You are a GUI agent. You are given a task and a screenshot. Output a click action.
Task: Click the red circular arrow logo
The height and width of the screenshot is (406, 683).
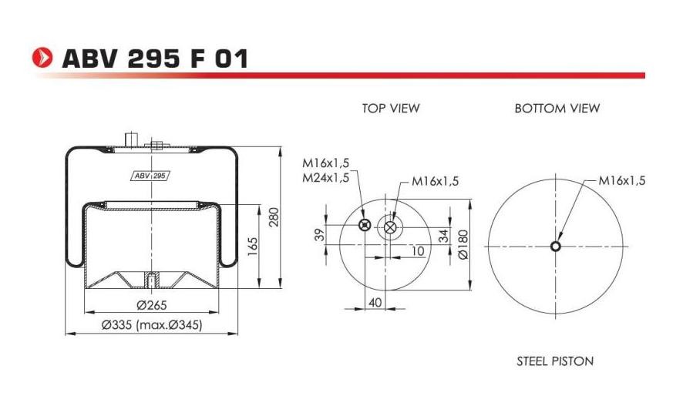tap(42, 58)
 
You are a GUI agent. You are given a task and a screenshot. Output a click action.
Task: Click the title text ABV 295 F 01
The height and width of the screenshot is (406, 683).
tap(154, 58)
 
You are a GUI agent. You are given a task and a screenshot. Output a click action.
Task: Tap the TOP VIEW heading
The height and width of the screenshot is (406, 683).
tap(391, 109)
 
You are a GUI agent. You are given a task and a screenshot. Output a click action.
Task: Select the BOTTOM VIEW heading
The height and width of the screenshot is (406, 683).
tap(557, 109)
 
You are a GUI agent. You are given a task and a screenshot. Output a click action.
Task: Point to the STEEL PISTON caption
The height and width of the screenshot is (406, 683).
tap(555, 361)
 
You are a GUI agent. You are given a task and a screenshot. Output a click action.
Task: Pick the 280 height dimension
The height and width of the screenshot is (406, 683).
tap(273, 218)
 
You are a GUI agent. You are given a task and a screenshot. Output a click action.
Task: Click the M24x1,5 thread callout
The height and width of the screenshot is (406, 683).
tap(325, 177)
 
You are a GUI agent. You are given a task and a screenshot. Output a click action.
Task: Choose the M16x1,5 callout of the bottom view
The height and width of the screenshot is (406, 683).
tap(621, 180)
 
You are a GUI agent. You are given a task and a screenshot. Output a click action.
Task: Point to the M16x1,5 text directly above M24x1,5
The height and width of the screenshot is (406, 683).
tap(325, 163)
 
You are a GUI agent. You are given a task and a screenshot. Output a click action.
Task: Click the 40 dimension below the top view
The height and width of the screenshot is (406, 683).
tap(375, 303)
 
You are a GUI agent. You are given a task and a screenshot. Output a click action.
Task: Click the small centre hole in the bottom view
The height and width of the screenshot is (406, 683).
tap(555, 247)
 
